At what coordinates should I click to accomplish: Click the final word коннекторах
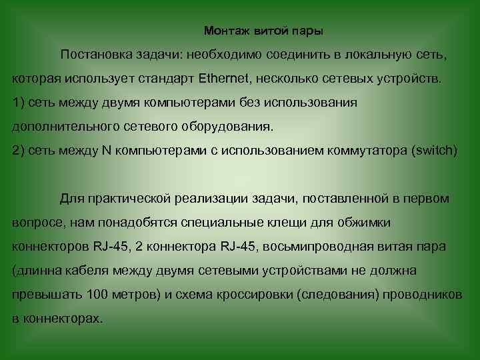[x=64, y=319]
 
